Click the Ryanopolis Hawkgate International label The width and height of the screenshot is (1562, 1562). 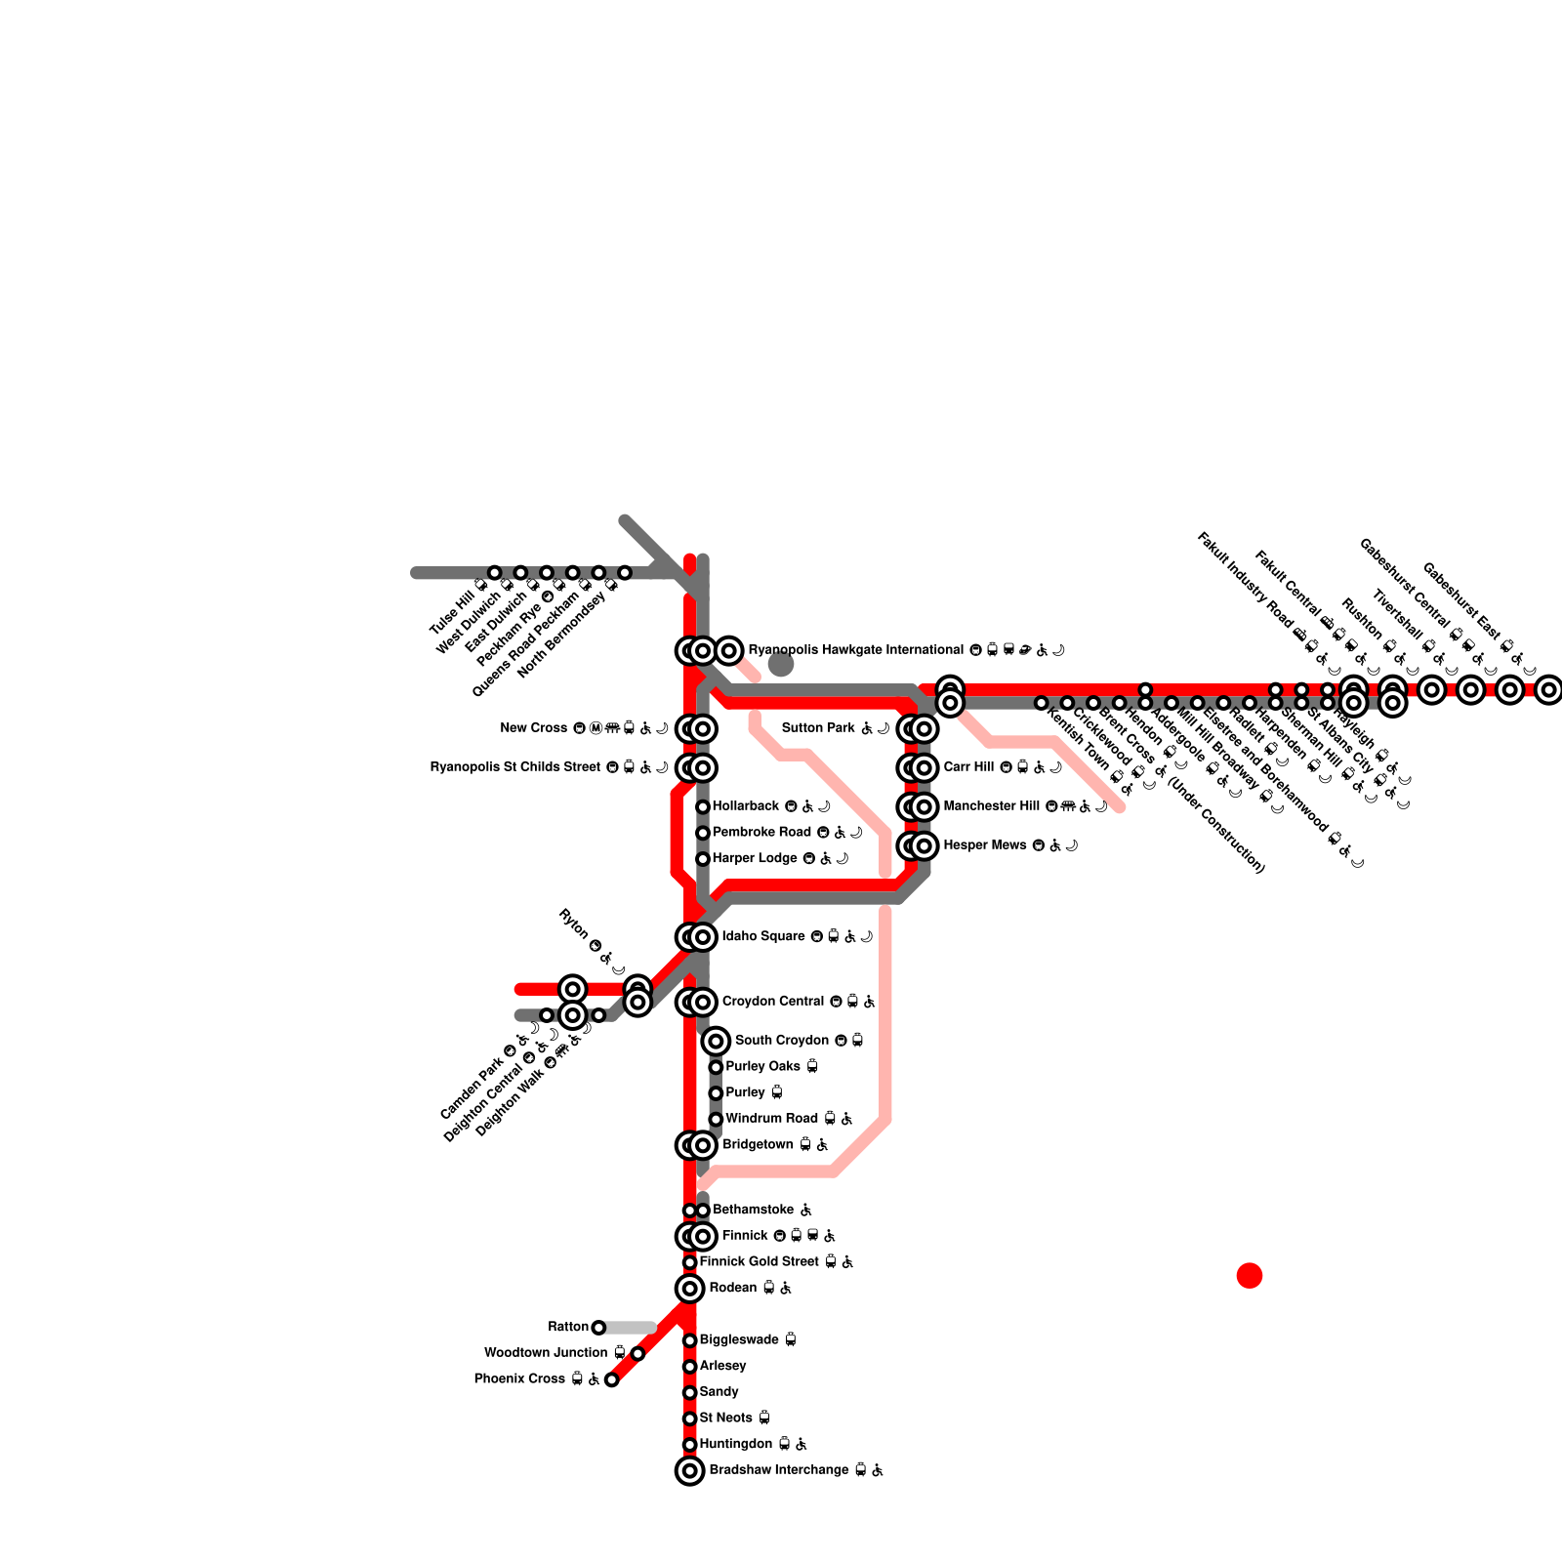tap(855, 650)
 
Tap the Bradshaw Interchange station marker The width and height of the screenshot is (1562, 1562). tap(690, 1470)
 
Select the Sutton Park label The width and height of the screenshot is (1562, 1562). tap(819, 728)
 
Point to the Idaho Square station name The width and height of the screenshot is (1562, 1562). tap(763, 937)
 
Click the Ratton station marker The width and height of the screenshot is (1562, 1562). tap(598, 1328)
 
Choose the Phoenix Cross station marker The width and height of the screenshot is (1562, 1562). tap(611, 1379)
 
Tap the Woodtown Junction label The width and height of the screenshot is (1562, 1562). tap(546, 1353)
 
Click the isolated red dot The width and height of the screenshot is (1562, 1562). tap(1250, 1275)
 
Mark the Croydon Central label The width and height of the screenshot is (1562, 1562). tap(773, 1002)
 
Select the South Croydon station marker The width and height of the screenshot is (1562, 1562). tap(716, 1041)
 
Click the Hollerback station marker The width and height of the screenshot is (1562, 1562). tap(703, 806)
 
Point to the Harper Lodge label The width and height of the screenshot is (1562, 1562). tap(755, 859)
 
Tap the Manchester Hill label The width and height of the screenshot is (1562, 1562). tap(991, 806)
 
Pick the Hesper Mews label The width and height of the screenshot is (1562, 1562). tap(985, 845)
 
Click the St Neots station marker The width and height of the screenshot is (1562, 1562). tap(690, 1418)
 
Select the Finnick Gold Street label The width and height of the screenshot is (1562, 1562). tap(761, 1262)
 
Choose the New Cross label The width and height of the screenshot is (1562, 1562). tap(534, 728)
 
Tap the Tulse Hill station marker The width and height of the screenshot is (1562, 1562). tap(495, 572)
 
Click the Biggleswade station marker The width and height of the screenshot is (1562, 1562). tap(690, 1340)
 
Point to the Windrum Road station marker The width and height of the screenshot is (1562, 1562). tap(716, 1119)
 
